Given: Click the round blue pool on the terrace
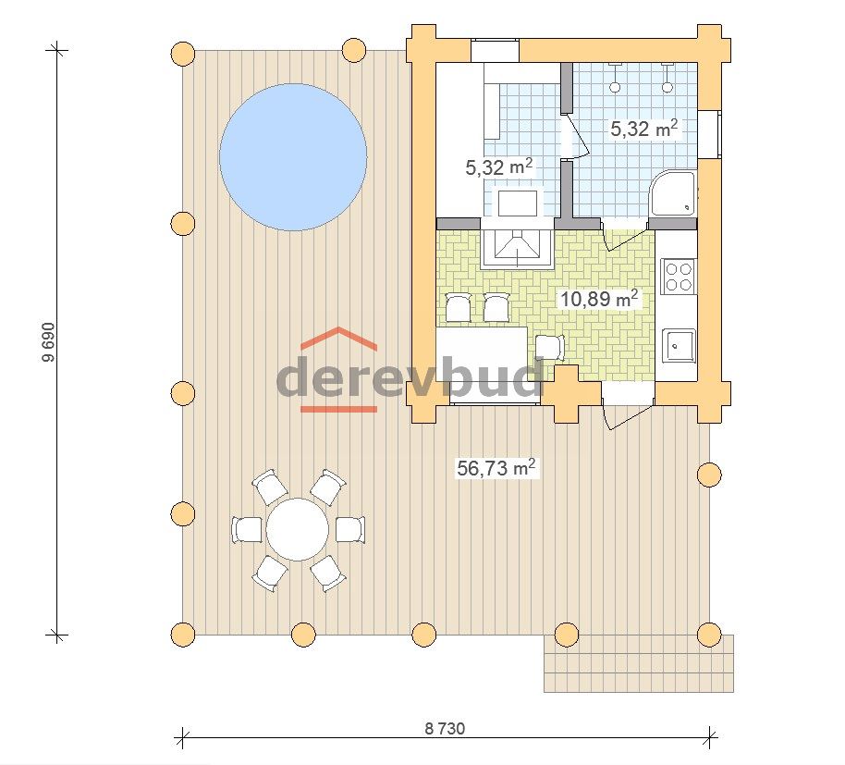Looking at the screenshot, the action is click(293, 157).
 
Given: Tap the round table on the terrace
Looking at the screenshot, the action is click(298, 529).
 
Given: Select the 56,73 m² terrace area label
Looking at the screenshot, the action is click(496, 468).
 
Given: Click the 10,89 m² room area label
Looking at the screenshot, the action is click(599, 298).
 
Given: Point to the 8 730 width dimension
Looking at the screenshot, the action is click(445, 729).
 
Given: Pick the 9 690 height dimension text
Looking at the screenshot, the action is click(48, 342).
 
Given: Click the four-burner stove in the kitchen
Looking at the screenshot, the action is click(679, 277).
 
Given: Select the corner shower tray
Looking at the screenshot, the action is click(673, 193).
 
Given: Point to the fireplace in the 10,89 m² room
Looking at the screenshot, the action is click(517, 249).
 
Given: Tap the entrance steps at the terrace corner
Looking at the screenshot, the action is click(639, 663).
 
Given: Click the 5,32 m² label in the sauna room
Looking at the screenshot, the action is click(499, 167).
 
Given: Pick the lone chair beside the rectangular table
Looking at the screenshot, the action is click(550, 347).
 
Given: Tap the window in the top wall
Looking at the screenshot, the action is click(496, 50).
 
